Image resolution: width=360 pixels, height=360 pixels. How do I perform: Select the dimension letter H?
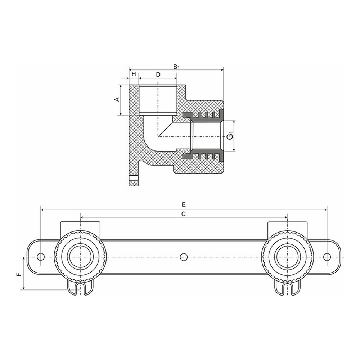134,74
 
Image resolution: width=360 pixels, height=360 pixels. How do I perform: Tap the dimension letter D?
158,74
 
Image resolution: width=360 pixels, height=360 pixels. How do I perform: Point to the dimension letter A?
117,99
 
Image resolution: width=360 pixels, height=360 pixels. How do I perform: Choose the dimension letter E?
184,204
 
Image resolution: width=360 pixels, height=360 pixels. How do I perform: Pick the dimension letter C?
183,214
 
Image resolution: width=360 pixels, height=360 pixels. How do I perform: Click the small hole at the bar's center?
184,257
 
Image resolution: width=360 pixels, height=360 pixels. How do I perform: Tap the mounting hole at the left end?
41,257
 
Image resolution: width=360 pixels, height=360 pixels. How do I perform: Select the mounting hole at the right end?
327,257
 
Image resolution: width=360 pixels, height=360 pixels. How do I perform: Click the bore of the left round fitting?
80,257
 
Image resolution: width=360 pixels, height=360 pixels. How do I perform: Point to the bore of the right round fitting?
287,257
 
